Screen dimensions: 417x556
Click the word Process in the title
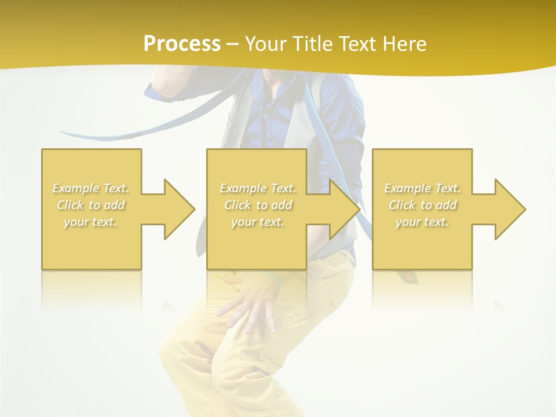182,43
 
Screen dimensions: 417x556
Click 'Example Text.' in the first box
91,188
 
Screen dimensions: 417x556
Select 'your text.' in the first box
91,222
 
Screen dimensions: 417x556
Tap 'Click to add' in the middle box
258,205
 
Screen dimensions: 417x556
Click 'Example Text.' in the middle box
258,188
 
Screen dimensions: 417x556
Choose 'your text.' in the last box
422,222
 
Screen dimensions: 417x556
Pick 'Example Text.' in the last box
422,188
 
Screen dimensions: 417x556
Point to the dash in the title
232,44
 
